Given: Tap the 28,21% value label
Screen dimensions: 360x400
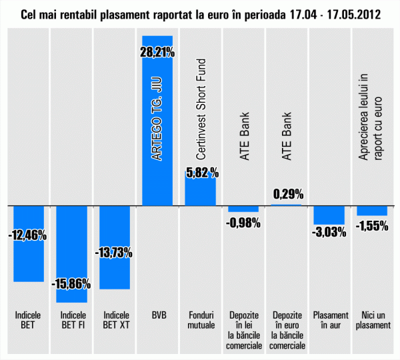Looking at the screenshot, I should click(x=158, y=49).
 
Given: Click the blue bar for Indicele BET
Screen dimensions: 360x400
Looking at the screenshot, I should click(x=29, y=260).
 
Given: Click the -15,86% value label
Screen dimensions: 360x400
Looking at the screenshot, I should click(x=71, y=283).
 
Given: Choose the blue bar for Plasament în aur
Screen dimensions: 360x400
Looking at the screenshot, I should click(x=329, y=215).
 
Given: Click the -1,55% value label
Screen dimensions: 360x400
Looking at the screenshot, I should click(x=372, y=225).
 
